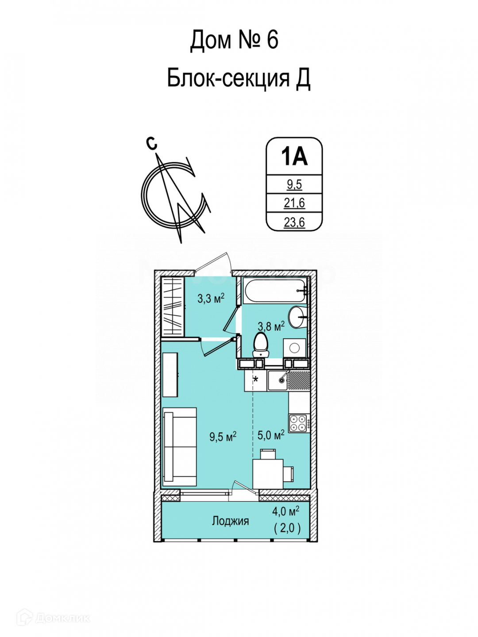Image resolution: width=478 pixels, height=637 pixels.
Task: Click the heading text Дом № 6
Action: click(234, 40)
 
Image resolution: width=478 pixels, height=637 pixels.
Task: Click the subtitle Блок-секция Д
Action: click(238, 78)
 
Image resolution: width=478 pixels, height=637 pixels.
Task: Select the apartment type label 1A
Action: click(294, 157)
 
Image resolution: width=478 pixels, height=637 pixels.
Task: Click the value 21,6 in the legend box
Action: click(294, 203)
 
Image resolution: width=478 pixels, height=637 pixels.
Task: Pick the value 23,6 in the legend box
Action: click(294, 222)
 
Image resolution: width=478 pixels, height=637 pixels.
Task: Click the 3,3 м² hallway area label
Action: click(211, 298)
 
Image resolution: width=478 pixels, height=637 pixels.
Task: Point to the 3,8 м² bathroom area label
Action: click(271, 326)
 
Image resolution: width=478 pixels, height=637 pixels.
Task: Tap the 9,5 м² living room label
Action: click(223, 437)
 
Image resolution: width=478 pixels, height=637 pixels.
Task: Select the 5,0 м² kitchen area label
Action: click(271, 435)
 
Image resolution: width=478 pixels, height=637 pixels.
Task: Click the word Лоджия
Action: click(230, 521)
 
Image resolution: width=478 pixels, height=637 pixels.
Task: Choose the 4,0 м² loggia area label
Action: click(285, 511)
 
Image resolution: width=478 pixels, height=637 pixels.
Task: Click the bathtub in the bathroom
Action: click(274, 291)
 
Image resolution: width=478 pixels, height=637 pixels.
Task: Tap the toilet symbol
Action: click(260, 345)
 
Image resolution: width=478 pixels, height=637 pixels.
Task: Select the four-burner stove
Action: click(299, 423)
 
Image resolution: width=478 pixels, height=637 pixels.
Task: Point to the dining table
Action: click(268, 473)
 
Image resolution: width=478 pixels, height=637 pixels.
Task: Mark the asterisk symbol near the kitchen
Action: click(256, 379)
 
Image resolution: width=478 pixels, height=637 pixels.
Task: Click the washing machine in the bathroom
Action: click(294, 348)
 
